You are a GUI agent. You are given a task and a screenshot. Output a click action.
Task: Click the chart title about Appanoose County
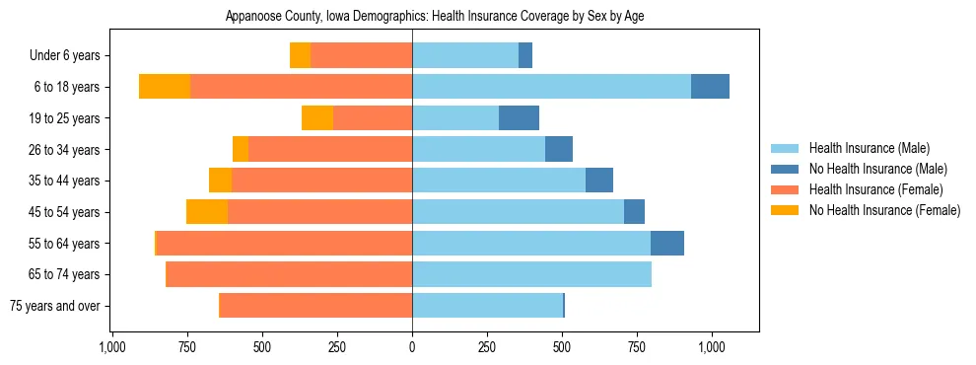coord(435,17)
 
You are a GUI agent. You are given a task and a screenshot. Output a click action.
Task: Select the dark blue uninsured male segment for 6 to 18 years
coord(710,87)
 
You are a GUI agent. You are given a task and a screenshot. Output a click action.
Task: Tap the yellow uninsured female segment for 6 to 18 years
coord(165,87)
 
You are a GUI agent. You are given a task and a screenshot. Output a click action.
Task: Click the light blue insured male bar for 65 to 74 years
coord(531,274)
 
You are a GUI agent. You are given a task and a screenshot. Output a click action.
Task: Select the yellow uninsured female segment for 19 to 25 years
coord(317,118)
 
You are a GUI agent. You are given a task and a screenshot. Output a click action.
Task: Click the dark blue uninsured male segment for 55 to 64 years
coord(667,243)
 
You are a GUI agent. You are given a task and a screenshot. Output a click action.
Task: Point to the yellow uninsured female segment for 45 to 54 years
coord(207,212)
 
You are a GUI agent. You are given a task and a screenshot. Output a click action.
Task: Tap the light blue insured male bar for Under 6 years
coord(465,55)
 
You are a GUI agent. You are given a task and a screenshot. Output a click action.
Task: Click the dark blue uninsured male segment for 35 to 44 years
coord(599,181)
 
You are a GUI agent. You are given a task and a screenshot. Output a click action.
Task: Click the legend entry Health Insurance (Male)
coord(869,148)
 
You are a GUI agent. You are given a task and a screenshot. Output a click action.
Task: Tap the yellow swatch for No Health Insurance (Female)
coord(786,210)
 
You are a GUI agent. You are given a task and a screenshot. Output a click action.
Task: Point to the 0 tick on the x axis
coord(412,347)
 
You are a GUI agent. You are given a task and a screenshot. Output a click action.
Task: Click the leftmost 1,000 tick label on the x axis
coord(111,347)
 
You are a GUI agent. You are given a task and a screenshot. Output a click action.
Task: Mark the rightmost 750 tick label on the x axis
coord(637,347)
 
